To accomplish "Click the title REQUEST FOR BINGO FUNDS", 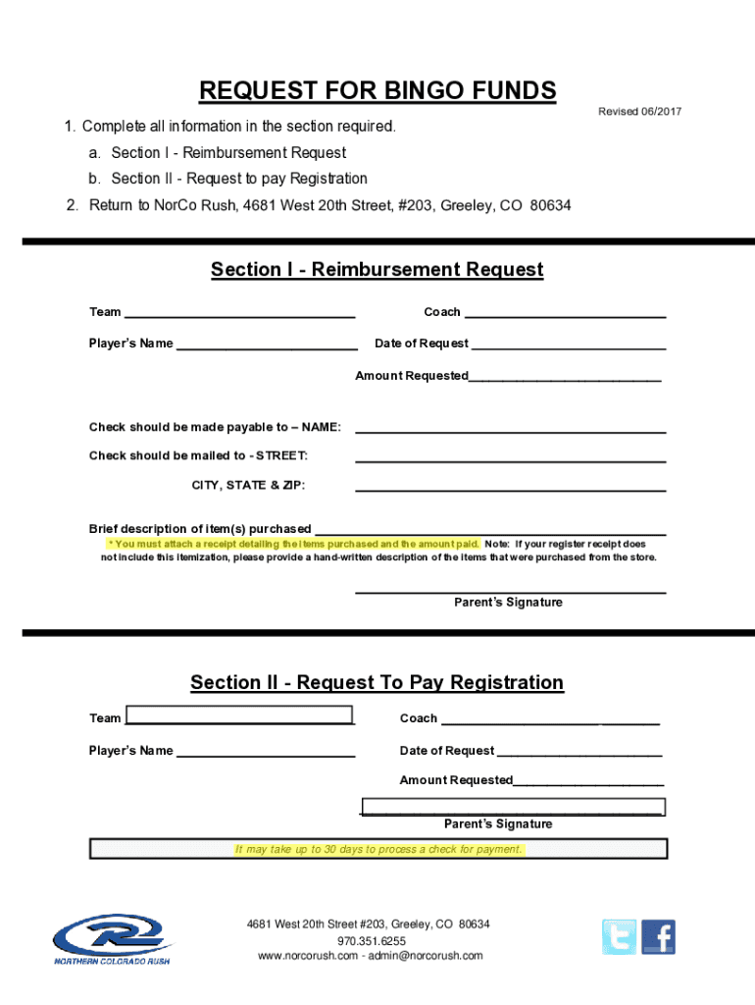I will tap(377, 91).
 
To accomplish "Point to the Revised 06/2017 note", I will tap(639, 112).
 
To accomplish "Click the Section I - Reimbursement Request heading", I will tap(377, 270).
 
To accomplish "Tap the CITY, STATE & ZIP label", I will tap(248, 485).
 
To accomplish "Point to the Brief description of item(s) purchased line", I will tap(489, 529).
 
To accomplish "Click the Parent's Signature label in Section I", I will tap(508, 603).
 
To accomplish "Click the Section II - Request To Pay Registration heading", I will tap(377, 683).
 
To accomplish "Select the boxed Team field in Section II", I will tap(239, 715).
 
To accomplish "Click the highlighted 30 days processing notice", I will tap(378, 849).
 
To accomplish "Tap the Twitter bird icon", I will tap(619, 937).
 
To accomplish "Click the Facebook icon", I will tap(659, 937).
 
